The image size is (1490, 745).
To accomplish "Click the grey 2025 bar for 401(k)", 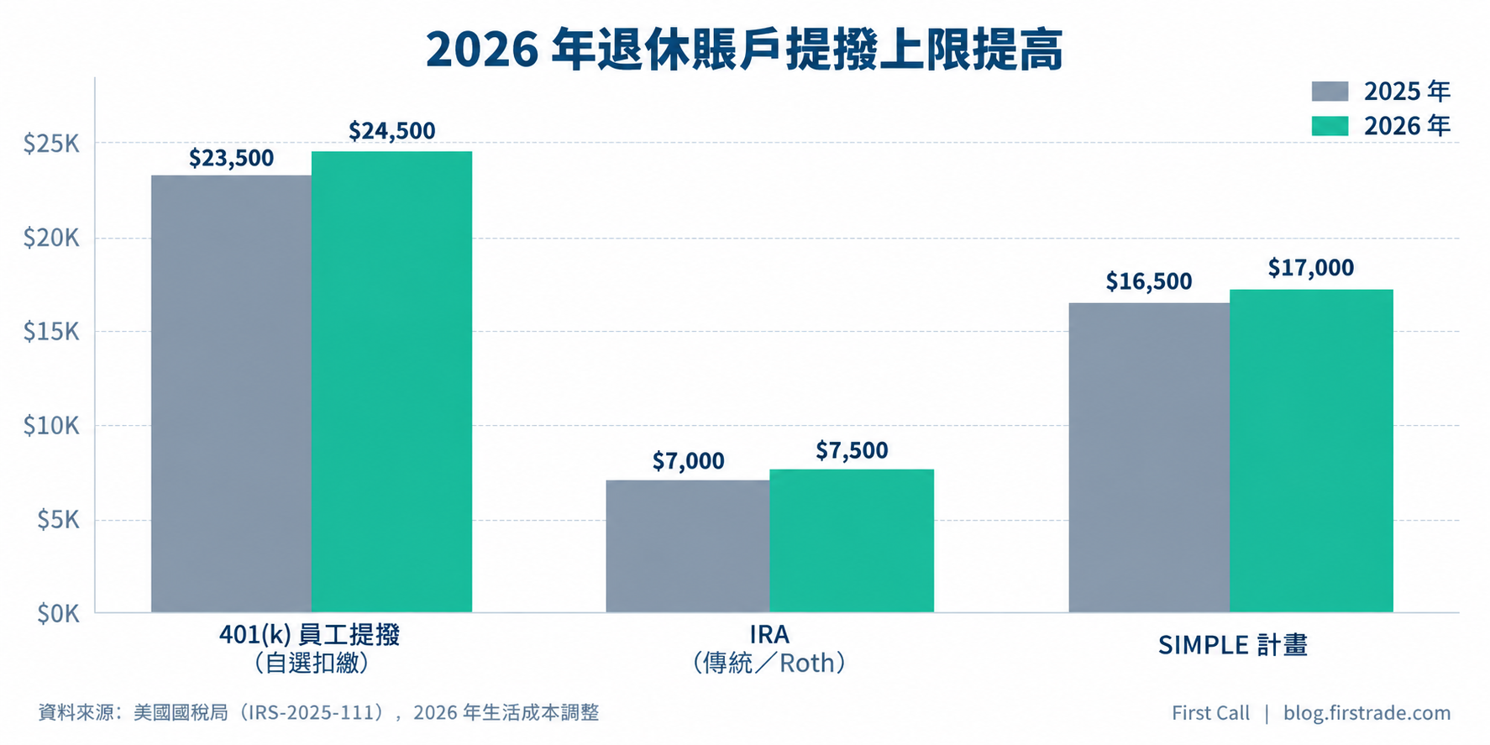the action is (231, 394).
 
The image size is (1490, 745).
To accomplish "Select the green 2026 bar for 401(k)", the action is (391, 381).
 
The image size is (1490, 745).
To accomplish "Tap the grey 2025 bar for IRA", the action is (688, 546).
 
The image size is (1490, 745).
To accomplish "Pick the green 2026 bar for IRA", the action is (852, 541).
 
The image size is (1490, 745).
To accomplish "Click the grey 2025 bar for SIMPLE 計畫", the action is (1149, 458).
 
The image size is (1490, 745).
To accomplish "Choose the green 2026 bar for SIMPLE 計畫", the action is (1311, 451).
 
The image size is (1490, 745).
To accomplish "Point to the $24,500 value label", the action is (392, 131).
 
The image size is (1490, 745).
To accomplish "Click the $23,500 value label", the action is (232, 158).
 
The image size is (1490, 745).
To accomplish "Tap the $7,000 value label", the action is (688, 461).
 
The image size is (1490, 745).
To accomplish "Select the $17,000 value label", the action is (1311, 268).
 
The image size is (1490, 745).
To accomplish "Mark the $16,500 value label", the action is (1149, 281).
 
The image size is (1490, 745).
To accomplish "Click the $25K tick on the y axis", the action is (51, 144).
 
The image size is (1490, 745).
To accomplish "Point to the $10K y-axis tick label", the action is (51, 426).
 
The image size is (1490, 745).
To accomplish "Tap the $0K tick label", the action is (58, 614).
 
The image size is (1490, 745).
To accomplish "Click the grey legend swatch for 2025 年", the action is (1330, 92).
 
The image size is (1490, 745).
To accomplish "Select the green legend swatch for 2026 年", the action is (1330, 126).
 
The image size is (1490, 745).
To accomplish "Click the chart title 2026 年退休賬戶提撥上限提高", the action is (744, 50).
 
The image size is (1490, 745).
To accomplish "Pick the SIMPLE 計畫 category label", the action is (1233, 645).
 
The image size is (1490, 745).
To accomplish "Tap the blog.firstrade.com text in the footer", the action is (1367, 713).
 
